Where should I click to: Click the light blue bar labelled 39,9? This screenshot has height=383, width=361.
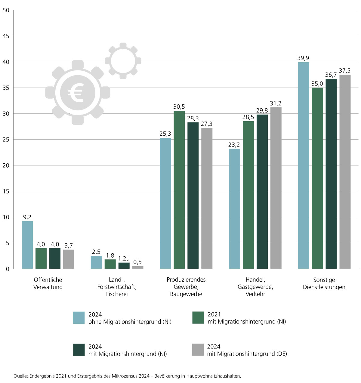pos(304,165)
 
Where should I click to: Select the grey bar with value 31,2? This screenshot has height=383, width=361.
pos(276,188)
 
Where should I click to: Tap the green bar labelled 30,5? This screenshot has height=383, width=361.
pos(179,190)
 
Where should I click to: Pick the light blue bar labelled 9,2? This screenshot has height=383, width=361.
pos(27,245)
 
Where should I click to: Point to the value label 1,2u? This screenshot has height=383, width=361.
pos(124,258)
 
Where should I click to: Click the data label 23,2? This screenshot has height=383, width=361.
pos(234,145)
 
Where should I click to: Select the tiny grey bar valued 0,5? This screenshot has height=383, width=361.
pos(138,267)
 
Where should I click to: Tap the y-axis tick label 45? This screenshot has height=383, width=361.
pos(6,36)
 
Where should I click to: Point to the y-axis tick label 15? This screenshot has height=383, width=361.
pos(6,191)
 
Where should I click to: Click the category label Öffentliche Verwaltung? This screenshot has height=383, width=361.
pos(48,283)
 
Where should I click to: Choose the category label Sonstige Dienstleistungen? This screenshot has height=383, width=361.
pos(324,283)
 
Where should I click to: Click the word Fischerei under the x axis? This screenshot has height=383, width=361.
pos(117,294)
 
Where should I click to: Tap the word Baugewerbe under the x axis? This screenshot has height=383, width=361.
pos(186,294)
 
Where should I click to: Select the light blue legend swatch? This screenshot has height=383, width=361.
pos(79,318)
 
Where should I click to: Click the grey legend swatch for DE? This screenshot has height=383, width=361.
pos(198,350)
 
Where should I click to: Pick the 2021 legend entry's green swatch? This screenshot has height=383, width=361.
pos(198,318)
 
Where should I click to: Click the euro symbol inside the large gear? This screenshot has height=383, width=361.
pos(77,92)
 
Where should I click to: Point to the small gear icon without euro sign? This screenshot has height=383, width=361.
pos(123,61)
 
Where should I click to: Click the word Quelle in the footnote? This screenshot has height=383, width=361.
pos(20,376)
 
